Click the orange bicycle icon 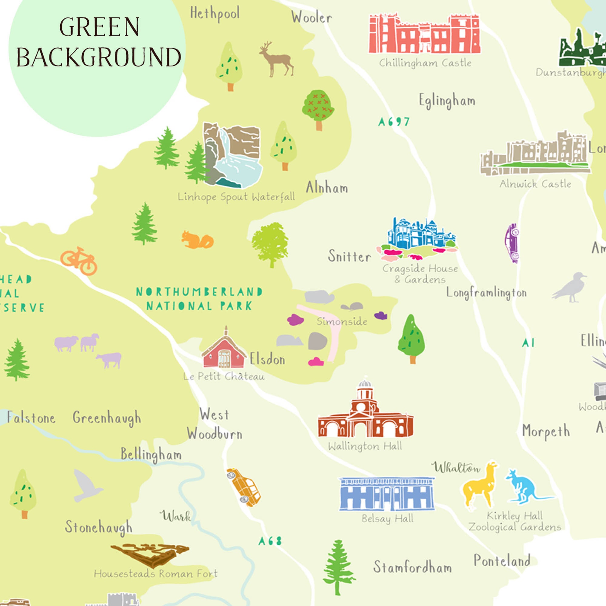[x=79, y=261]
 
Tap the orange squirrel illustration [x=197, y=241]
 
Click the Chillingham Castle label [x=425, y=63]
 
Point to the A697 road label [x=394, y=122]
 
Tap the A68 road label [x=270, y=541]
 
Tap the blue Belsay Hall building [x=386, y=494]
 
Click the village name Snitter [x=349, y=256]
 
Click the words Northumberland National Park [x=199, y=299]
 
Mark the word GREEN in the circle [x=99, y=27]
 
